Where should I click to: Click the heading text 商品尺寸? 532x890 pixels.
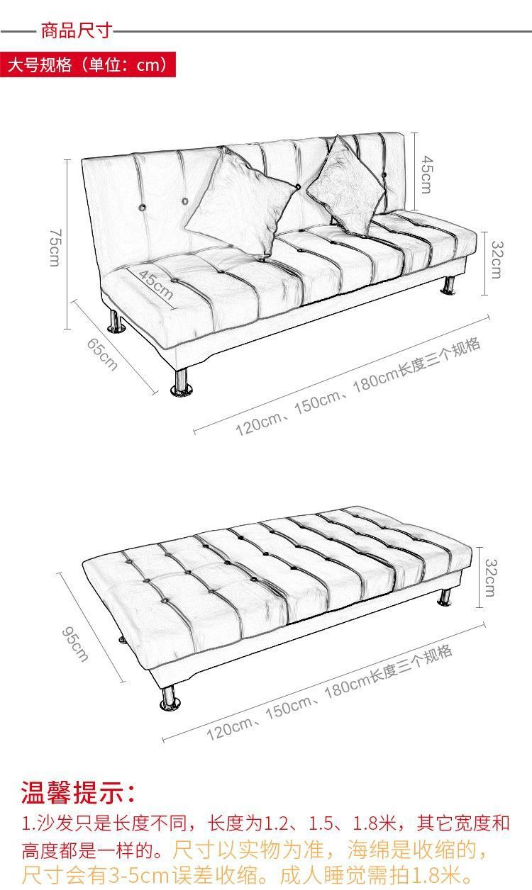[77, 30]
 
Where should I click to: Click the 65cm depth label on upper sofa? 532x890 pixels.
[102, 354]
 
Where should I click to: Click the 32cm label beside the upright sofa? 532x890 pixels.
[497, 259]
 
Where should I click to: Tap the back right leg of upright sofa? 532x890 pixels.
[448, 285]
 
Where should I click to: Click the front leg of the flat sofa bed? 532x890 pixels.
[170, 697]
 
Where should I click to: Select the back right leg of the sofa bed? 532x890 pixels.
[445, 597]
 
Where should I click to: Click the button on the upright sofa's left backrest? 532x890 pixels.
[142, 208]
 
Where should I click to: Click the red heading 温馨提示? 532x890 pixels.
[78, 792]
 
